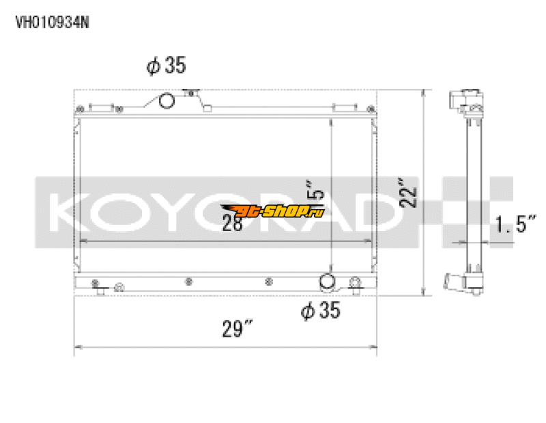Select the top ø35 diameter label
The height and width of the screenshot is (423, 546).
[166, 66]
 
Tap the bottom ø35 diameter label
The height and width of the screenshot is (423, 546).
[320, 311]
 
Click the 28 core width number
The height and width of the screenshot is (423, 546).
[232, 223]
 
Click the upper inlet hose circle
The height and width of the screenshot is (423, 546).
[167, 102]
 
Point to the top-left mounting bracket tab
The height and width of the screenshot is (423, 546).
[100, 108]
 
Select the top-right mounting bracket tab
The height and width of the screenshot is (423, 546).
[344, 108]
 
